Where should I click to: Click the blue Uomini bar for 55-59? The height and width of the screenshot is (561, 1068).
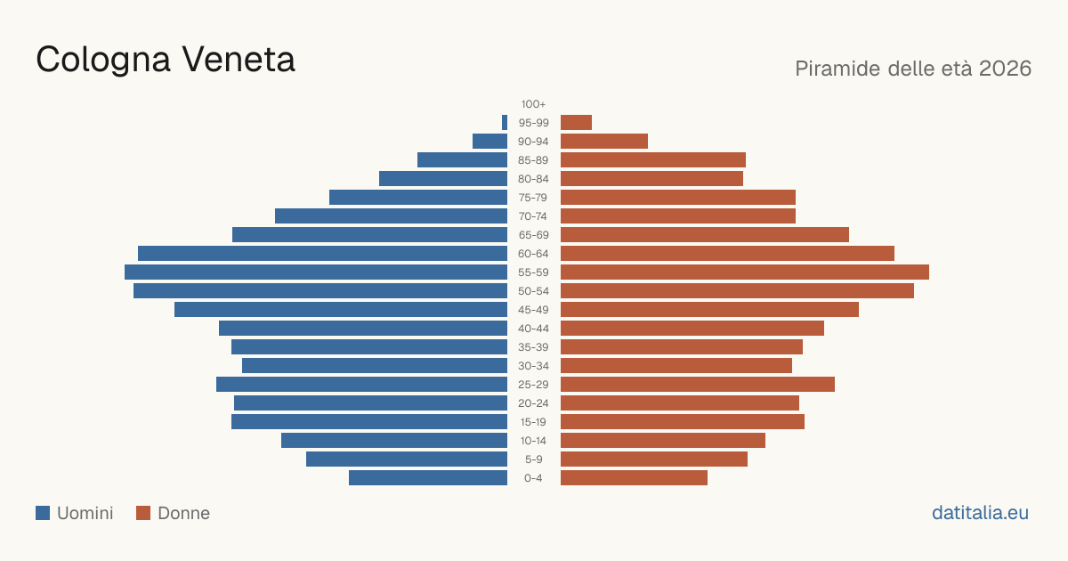316,272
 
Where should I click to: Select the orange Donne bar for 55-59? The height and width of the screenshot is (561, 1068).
745,272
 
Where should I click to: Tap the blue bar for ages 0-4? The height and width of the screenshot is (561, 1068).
428,477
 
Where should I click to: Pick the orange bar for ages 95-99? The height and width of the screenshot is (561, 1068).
576,122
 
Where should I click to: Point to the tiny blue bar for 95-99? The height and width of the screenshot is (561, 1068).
505,122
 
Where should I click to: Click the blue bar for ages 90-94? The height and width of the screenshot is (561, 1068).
489,142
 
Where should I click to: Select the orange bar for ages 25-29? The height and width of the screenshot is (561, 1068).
698,384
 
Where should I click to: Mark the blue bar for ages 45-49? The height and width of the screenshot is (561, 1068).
341,310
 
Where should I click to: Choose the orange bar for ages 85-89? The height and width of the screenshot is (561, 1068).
653,159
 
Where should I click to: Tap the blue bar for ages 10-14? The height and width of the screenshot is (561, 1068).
394,440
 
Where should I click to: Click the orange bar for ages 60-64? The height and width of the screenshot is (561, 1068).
728,253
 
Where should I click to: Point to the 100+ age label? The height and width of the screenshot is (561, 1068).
533,104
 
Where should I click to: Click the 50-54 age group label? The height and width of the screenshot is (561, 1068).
533,291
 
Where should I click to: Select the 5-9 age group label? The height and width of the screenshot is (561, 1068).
533,459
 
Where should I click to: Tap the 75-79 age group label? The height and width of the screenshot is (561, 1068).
533,198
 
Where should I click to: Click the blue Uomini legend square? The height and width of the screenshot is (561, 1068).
43,513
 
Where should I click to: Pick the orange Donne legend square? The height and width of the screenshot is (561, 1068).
143,513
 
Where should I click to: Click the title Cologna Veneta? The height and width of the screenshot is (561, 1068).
166,60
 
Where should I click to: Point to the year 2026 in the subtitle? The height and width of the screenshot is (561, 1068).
1005,69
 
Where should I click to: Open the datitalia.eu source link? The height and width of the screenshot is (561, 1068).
980,513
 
